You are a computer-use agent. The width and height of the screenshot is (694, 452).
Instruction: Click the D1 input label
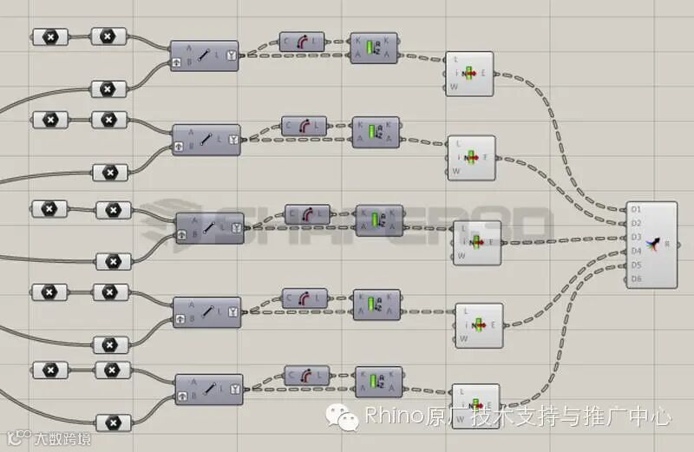click(x=636, y=209)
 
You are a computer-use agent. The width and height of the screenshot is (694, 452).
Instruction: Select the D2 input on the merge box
click(x=636, y=223)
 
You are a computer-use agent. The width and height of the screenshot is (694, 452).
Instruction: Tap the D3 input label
click(x=636, y=237)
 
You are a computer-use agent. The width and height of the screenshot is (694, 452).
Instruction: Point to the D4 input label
click(x=636, y=251)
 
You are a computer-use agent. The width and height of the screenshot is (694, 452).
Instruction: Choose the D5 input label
click(x=636, y=265)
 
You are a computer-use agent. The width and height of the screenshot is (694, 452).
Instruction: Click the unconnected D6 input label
click(x=636, y=278)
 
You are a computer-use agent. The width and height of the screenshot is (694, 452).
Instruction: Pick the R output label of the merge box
click(x=667, y=244)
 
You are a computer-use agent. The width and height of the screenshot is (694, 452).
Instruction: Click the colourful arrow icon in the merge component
click(x=657, y=244)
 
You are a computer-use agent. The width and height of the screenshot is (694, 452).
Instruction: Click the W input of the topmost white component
click(x=454, y=87)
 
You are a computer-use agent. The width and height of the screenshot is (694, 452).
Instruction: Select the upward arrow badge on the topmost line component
click(x=178, y=63)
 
